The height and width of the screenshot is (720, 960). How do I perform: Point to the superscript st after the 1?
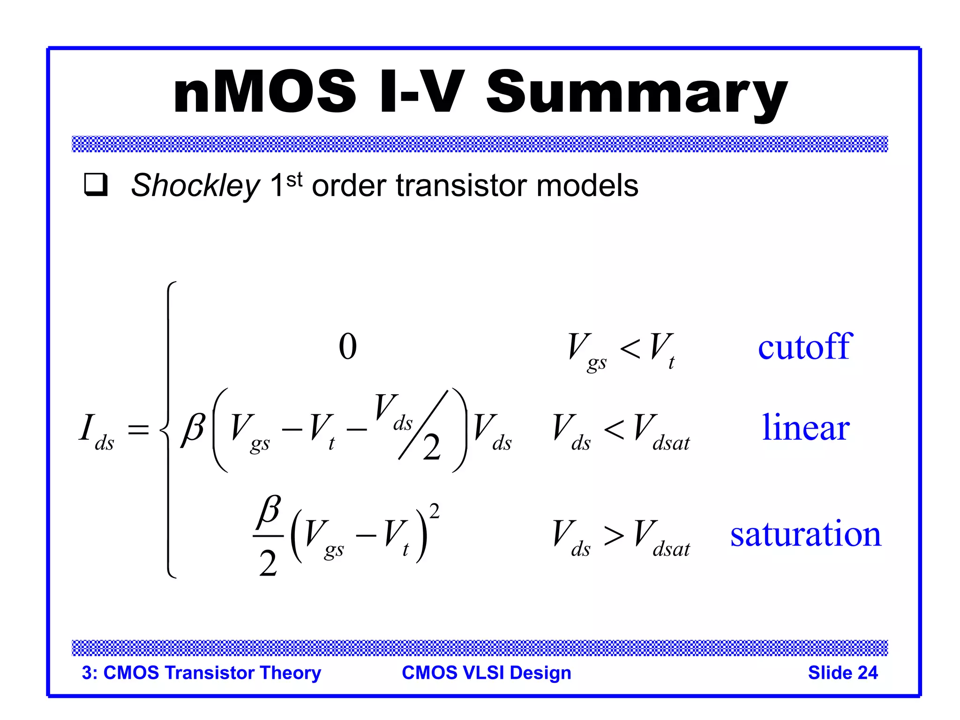(294, 179)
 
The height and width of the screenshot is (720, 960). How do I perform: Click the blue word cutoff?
(804, 347)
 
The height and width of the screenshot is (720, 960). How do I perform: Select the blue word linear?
(805, 427)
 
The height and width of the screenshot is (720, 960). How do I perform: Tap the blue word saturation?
(805, 534)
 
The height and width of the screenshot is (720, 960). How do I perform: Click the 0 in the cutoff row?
(347, 347)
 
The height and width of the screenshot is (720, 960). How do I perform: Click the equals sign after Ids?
(138, 429)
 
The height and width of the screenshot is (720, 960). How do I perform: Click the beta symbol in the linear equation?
(193, 428)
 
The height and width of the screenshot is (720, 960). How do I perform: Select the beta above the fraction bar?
(269, 510)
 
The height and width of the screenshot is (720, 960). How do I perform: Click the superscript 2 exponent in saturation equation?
(434, 511)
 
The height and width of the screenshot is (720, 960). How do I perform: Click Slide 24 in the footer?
(842, 673)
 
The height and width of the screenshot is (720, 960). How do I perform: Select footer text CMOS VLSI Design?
(486, 673)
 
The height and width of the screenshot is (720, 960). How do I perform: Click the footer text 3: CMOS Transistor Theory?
(201, 673)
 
